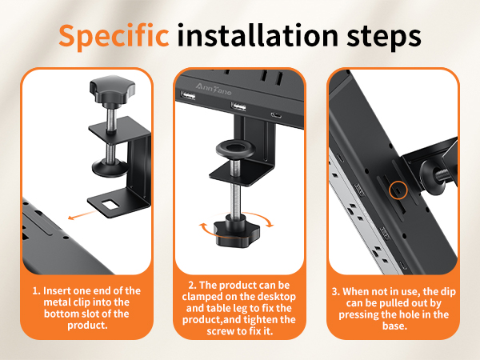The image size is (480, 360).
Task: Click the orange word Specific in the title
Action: click(x=114, y=36)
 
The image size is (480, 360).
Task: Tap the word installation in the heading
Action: click(x=258, y=35)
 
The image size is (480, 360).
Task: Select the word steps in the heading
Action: click(x=384, y=38)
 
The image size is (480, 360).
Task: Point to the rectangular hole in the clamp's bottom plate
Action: click(x=110, y=205)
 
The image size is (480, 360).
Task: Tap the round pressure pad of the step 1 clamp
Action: click(x=110, y=168)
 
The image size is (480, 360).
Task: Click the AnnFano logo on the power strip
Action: click(x=214, y=89)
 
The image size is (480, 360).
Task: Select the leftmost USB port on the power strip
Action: click(x=186, y=95)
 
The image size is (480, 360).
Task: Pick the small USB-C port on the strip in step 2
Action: click(x=276, y=115)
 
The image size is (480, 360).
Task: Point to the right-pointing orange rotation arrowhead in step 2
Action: click(x=270, y=223)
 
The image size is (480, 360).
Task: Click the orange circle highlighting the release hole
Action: click(x=398, y=190)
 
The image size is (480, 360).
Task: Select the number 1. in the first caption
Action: click(x=36, y=291)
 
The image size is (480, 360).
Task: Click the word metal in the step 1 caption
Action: click(x=57, y=302)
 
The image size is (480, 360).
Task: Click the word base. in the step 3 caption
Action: click(x=395, y=326)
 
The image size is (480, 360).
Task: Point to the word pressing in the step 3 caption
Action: click(x=358, y=315)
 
